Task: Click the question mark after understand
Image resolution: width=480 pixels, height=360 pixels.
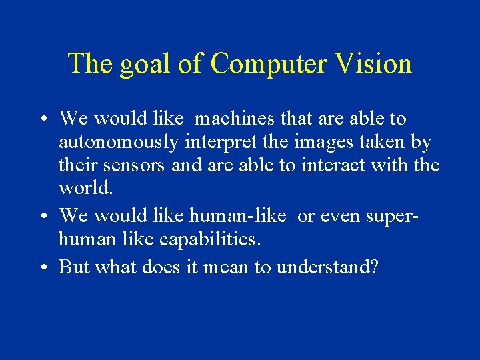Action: point(374,267)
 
